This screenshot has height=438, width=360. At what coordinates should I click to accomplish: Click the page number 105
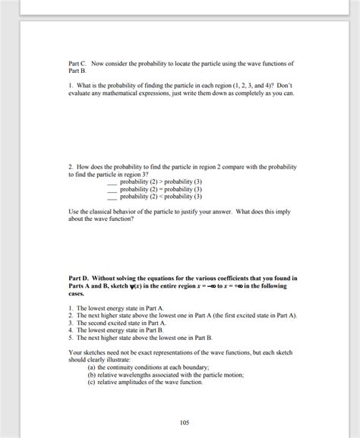(x=184, y=422)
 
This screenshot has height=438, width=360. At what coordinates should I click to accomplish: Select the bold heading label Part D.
(x=78, y=279)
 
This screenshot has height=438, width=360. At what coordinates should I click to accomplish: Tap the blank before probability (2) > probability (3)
(x=113, y=182)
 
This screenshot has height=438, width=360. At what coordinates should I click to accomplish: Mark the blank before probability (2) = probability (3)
(x=113, y=189)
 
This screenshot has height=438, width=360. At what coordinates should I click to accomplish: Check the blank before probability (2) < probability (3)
(x=113, y=196)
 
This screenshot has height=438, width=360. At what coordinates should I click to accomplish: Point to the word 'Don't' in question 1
(x=283, y=86)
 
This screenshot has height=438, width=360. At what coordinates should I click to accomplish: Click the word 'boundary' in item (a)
(x=194, y=367)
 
